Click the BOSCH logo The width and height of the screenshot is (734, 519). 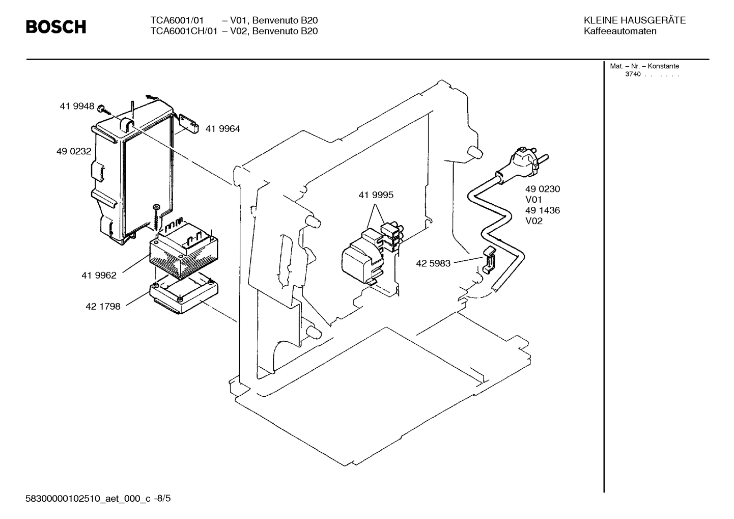pos(56,26)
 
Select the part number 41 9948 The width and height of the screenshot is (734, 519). pos(77,106)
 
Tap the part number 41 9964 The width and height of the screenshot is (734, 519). pos(222,129)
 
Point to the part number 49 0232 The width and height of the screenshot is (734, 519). pos(74,151)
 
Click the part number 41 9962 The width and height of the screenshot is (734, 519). pos(99,276)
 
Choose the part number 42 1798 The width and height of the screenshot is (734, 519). pos(103,307)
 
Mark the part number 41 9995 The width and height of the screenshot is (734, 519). pos(376,195)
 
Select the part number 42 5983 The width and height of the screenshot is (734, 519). pos(433,264)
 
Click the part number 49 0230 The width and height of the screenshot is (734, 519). pos(543,189)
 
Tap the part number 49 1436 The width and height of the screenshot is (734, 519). pos(543,210)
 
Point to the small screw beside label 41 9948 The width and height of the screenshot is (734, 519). pos(102,108)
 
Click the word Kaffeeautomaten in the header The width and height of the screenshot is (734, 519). pos(620,31)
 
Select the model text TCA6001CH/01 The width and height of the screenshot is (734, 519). pos(183,31)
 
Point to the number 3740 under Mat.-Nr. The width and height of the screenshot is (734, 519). pos(633,74)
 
